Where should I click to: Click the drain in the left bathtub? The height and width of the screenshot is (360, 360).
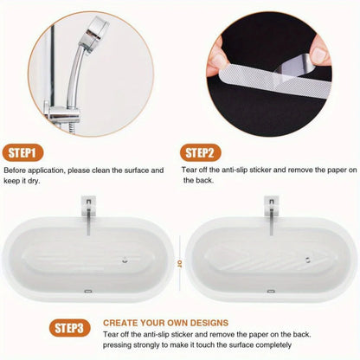tap(126, 257)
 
